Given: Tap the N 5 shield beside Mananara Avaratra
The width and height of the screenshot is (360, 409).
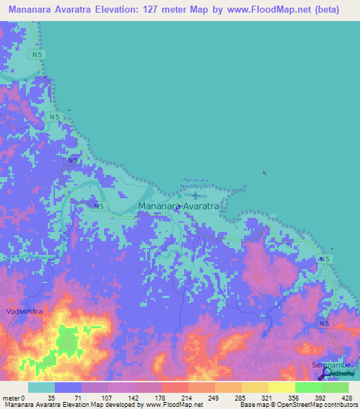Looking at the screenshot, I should click(x=98, y=206).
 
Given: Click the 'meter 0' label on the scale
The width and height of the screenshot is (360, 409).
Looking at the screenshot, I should click(x=13, y=397).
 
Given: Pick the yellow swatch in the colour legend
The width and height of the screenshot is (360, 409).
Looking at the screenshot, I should click(x=281, y=387).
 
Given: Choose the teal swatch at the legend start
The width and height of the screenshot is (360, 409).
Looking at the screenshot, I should click(x=41, y=387).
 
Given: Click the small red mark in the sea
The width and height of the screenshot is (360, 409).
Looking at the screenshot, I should click(x=264, y=172).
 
